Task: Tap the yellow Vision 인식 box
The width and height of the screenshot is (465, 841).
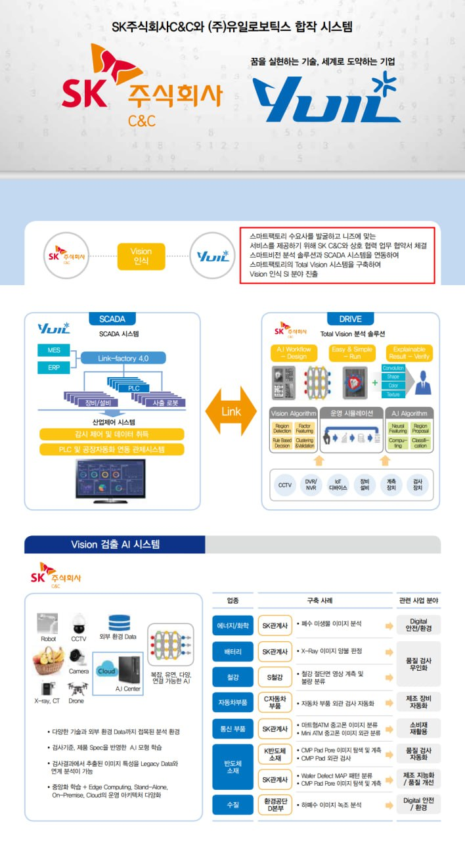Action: pyautogui.click(x=141, y=256)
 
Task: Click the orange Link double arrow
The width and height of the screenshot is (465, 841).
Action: pyautogui.click(x=231, y=411)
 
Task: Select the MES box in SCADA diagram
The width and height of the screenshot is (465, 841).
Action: pyautogui.click(x=54, y=350)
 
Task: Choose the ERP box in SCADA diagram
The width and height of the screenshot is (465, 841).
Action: pyautogui.click(x=54, y=367)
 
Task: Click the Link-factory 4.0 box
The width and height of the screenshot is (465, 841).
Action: pyautogui.click(x=123, y=358)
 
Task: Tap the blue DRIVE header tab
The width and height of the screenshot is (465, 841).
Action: pyautogui.click(x=350, y=319)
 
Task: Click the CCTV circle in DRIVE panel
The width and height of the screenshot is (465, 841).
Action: pyautogui.click(x=285, y=486)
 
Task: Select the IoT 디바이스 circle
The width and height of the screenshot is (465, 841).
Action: pyautogui.click(x=338, y=486)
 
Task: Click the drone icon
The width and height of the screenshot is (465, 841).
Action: pyautogui.click(x=76, y=689)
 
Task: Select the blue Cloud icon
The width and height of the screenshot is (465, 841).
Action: pyautogui.click(x=106, y=671)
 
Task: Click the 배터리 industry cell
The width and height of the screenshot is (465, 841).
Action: pyautogui.click(x=232, y=652)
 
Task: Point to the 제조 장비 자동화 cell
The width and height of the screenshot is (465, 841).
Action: pyautogui.click(x=418, y=702)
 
